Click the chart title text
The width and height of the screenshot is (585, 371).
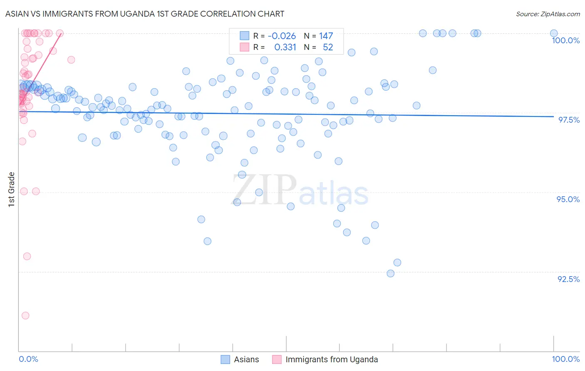pos(145,14)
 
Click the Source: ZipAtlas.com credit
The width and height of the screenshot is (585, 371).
pos(548,14)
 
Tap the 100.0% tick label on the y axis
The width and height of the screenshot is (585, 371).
pos(565,40)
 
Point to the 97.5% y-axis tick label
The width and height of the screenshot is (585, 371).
pos(569,120)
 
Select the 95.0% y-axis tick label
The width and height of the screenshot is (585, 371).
pos(568,199)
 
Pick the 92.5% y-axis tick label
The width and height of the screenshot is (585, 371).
pos(568,279)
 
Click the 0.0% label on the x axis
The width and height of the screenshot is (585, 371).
pos(28,359)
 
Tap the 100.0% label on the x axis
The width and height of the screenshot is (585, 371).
pos(565,359)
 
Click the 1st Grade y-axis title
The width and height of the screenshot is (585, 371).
pos(12,189)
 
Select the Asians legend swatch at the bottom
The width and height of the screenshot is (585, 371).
pos(225,359)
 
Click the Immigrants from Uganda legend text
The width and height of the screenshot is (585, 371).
pos(332,359)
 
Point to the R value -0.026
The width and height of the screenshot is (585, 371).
pos(282,36)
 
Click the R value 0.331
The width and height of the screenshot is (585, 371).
pos(285,47)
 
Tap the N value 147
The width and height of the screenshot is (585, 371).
pos(326,36)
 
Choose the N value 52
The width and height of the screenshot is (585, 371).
pos(328,47)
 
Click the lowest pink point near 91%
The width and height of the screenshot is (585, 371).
pos(25,316)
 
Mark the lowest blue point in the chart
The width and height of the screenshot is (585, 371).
pos(391,273)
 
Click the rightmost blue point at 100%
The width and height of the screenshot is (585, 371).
pos(554,33)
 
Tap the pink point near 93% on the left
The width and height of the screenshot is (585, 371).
pos(27,256)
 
